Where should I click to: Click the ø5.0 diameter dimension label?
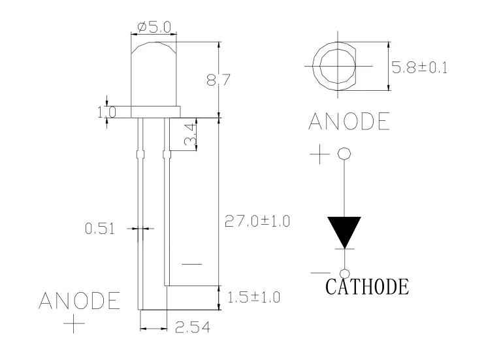154,27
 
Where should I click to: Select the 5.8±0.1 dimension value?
419,67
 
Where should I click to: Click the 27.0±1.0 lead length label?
257,220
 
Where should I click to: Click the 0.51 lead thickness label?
100,229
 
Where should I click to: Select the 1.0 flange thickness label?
106,112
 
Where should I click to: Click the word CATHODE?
367,286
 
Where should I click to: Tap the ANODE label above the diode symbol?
349,121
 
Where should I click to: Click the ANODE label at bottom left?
80,301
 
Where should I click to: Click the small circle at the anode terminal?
344,154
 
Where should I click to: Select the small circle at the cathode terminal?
344,273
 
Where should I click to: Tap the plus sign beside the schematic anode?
319,155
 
